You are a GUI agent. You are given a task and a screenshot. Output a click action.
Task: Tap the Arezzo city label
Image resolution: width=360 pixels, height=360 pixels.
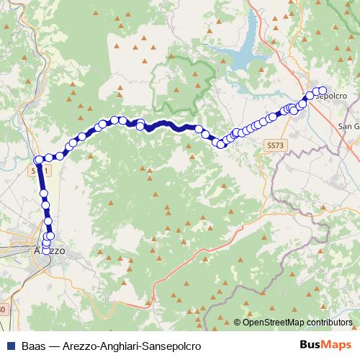[50, 251]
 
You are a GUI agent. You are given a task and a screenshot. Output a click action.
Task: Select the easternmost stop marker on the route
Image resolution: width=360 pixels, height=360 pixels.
[323, 90]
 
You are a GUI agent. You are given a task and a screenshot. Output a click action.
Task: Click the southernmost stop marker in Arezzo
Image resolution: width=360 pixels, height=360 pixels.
[46, 251]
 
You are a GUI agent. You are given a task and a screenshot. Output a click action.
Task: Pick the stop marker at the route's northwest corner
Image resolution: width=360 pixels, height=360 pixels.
[38, 160]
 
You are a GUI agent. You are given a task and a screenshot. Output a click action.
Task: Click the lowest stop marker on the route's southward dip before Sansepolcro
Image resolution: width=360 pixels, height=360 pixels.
[221, 145]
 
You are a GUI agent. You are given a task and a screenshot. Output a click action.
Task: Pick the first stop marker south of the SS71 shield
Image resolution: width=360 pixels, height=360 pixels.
[44, 193]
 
